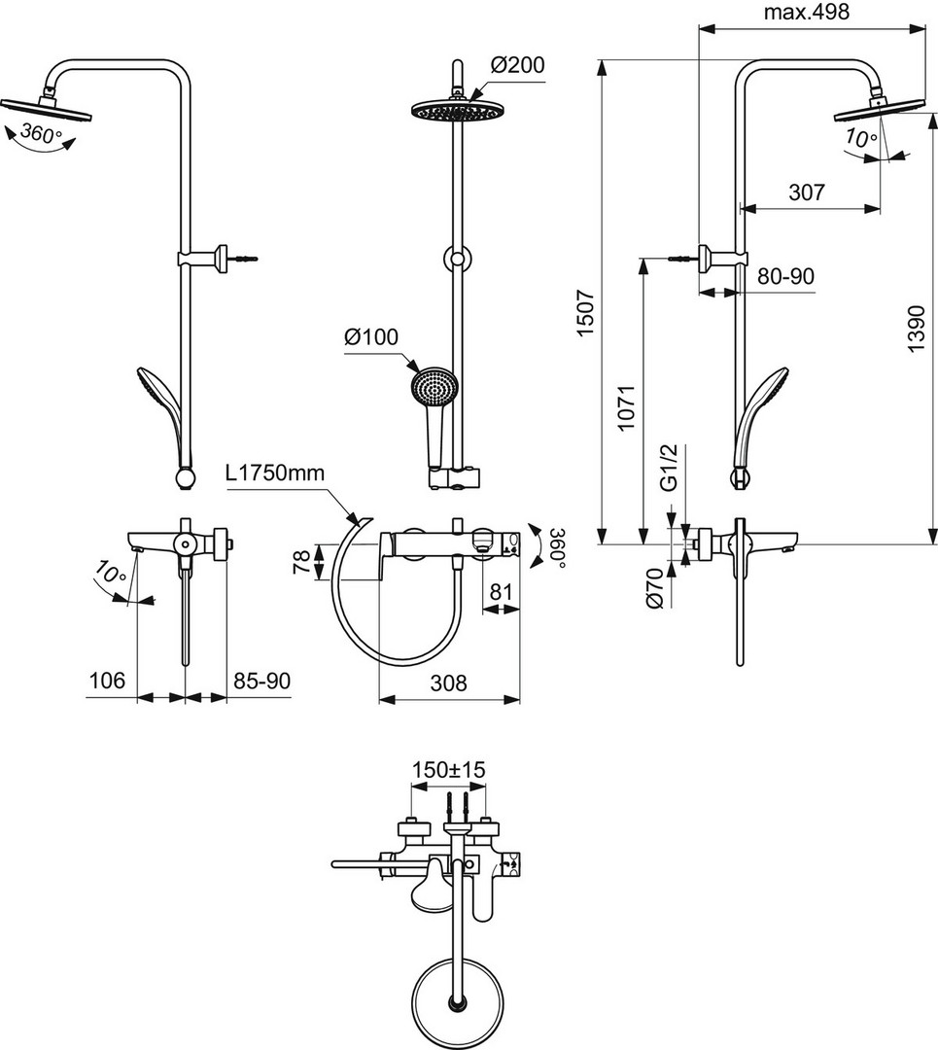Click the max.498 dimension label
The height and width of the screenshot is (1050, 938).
click(806, 12)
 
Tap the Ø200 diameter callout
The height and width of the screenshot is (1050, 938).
click(517, 65)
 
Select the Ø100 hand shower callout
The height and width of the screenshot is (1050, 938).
click(371, 336)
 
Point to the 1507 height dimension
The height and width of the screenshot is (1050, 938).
click(584, 313)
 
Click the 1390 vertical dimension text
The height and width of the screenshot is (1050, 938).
click(917, 329)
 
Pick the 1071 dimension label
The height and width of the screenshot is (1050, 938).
click(625, 407)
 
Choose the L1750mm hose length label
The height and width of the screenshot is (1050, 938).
click(275, 473)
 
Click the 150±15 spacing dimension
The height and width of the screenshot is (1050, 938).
click(448, 769)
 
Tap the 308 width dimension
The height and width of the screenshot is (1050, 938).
click(448, 682)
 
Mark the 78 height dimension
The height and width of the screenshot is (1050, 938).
click(302, 561)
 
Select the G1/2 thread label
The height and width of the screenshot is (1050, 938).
click(670, 467)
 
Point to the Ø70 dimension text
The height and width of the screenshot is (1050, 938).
click(655, 587)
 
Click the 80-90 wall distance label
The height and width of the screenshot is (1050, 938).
click(786, 276)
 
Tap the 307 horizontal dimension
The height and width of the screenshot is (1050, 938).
click(806, 192)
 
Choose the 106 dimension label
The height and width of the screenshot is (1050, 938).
click(107, 681)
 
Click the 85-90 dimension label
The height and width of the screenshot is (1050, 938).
click(261, 681)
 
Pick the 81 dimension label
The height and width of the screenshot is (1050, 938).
click(501, 592)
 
